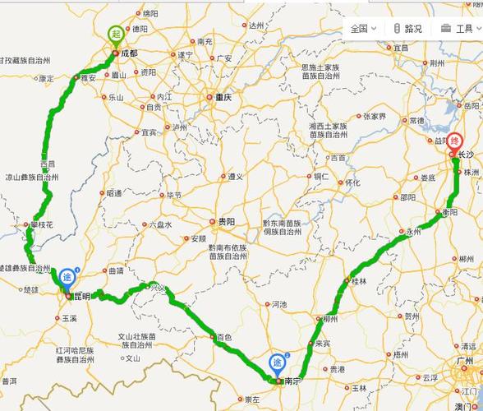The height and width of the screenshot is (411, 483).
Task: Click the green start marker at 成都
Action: click(116, 34)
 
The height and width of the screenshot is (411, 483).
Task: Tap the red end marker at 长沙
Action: click(453, 141)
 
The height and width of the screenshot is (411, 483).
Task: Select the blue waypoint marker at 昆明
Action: click(67, 274)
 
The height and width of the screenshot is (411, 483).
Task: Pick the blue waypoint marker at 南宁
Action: click(278, 363)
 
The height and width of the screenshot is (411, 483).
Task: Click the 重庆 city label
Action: click(223, 97)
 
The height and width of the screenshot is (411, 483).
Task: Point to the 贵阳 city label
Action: click(226, 221)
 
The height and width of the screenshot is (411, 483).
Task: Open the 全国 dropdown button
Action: click(363, 28)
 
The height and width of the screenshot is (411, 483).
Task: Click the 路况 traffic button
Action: click(407, 28)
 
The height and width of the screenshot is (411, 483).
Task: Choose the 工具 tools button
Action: click(457, 28)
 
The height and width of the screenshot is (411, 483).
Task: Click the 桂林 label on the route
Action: click(358, 282)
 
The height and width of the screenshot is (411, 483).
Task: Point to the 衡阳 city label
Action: click(448, 211)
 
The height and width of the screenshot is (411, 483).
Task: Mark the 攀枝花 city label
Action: click(41, 224)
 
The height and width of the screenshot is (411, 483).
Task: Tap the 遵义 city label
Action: click(237, 177)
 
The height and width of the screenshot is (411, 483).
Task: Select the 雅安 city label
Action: click(88, 78)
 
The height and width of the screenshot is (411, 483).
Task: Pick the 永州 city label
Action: click(412, 232)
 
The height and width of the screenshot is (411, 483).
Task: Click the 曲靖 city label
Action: click(116, 270)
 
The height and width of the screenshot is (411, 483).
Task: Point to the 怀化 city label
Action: click(352, 182)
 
